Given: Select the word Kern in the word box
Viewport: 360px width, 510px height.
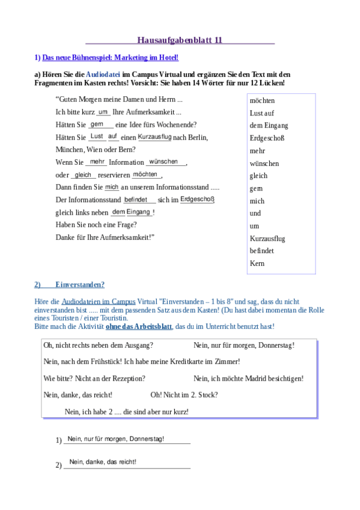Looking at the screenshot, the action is tap(257, 263).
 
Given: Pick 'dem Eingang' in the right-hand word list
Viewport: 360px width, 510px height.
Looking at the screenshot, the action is tap(269, 126).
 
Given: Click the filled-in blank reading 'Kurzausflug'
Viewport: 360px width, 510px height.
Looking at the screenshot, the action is tap(154, 137).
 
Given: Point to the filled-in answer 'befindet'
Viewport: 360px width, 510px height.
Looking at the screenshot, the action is tap(136, 199).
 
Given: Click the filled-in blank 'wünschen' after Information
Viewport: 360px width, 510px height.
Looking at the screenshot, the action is tap(163, 162).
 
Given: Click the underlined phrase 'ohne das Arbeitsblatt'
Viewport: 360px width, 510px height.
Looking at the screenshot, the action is tap(138, 326).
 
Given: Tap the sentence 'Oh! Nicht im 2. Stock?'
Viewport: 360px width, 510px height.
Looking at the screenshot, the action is tap(184, 395).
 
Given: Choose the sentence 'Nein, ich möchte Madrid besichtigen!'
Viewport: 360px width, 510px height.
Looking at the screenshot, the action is tap(248, 378).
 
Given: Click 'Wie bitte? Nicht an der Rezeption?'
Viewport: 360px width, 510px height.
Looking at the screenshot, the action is tap(94, 378).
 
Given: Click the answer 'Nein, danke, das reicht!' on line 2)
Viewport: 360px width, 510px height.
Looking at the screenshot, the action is tap(103, 462).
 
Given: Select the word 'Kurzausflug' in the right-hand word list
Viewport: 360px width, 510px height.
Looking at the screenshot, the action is tap(267, 239).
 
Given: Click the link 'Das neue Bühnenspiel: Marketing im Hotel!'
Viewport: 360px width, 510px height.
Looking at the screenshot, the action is tap(110, 58).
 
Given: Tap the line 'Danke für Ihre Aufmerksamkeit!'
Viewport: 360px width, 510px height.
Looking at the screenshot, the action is tap(105, 237).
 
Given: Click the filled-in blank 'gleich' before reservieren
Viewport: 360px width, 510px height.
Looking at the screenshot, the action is tap(83, 174).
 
